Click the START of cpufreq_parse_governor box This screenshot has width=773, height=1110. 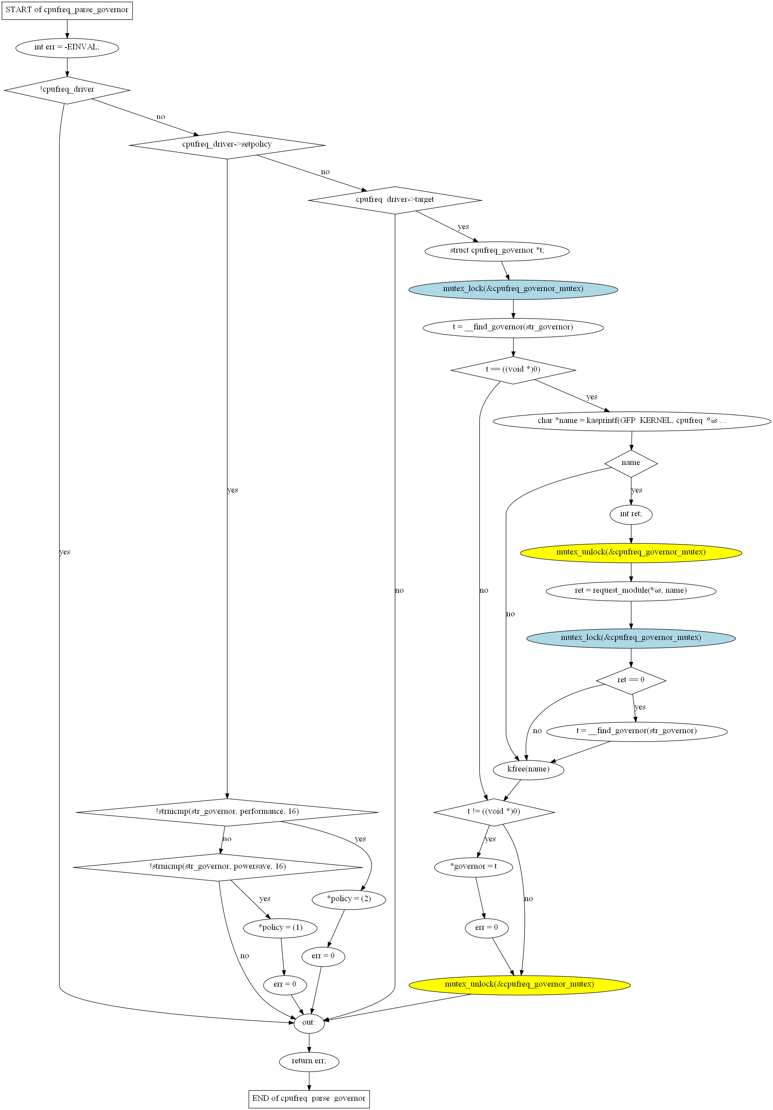tap(67, 10)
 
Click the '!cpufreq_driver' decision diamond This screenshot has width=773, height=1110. tap(67, 90)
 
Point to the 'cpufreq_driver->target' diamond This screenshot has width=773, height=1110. tap(395, 200)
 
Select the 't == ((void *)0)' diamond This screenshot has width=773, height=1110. tap(513, 370)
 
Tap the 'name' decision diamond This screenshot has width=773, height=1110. tap(631, 463)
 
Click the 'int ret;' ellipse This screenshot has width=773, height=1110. tap(631, 514)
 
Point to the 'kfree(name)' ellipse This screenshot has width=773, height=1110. tap(529, 770)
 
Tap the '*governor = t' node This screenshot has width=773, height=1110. tap(473, 867)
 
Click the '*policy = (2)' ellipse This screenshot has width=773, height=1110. tap(349, 899)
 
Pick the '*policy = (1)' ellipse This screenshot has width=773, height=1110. tap(280, 928)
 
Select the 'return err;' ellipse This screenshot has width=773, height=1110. tap(309, 1061)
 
